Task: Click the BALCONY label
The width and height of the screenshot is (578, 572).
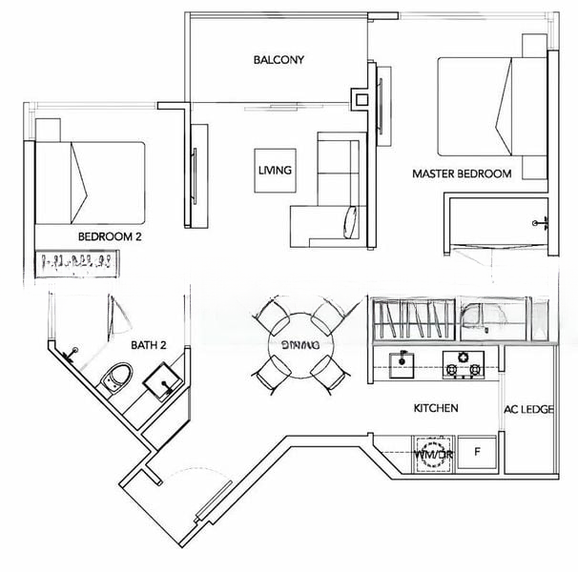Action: (279, 60)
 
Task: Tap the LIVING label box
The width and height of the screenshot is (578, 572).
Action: (274, 171)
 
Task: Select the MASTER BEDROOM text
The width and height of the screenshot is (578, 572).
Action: (462, 174)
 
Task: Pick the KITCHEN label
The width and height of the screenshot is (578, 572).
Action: (435, 408)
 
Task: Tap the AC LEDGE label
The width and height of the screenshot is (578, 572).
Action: (529, 410)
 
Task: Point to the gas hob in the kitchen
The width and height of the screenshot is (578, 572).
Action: (464, 361)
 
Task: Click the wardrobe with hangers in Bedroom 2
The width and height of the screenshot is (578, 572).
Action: (76, 261)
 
